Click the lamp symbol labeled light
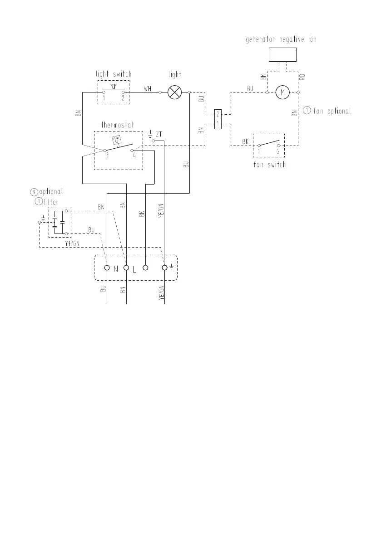pos(174,92)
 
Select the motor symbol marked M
pos(282,92)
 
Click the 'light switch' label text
pos(113,74)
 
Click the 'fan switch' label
pos(269,165)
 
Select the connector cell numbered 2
pos(218,113)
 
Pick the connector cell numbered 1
pos(218,123)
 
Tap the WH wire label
pos(148,89)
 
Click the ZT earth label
pos(158,134)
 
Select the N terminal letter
pos(116,269)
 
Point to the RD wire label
pos(302,77)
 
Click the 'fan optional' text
pos(332,111)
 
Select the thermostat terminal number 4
pos(134,155)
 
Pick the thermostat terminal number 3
pos(107,155)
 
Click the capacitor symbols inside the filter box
pos(58,222)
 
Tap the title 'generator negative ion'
pos(281,39)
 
